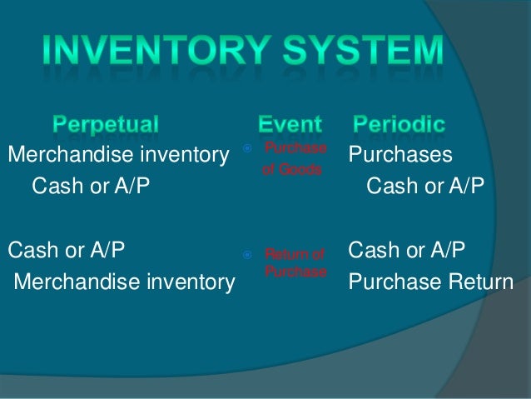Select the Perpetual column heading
(x=106, y=126)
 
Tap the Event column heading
(x=289, y=126)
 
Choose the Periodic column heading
(x=399, y=126)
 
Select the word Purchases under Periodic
(x=400, y=156)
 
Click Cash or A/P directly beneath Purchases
(x=424, y=185)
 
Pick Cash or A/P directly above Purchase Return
(x=407, y=250)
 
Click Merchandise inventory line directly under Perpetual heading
(x=118, y=154)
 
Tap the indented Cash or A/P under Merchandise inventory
(x=91, y=185)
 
